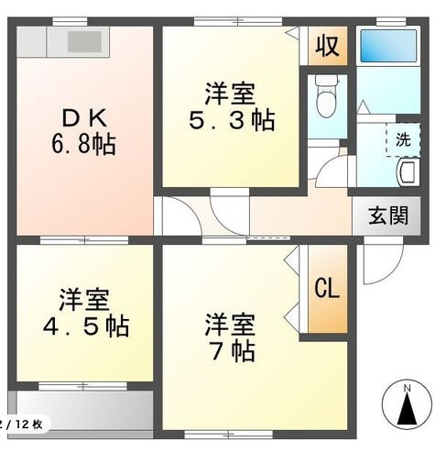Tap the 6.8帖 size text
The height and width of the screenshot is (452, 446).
click(x=82, y=145)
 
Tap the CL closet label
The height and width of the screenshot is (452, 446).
click(x=326, y=289)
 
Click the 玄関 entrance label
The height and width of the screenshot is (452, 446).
click(x=387, y=218)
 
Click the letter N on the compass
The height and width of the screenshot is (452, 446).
click(x=408, y=389)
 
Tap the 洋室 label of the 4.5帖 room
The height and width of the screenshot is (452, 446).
click(x=84, y=299)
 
